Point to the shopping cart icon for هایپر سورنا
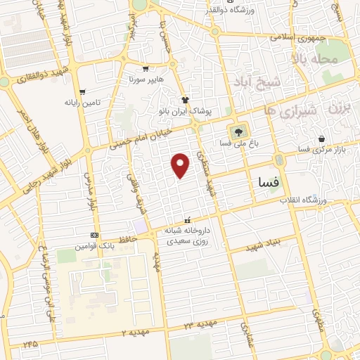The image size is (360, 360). tap(146, 69)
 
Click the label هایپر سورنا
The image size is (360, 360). tap(145, 81)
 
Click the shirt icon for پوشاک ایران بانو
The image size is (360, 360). tap(186, 101)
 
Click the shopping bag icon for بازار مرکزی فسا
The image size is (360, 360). tap(321, 139)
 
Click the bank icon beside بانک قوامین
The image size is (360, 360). tap(94, 236)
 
